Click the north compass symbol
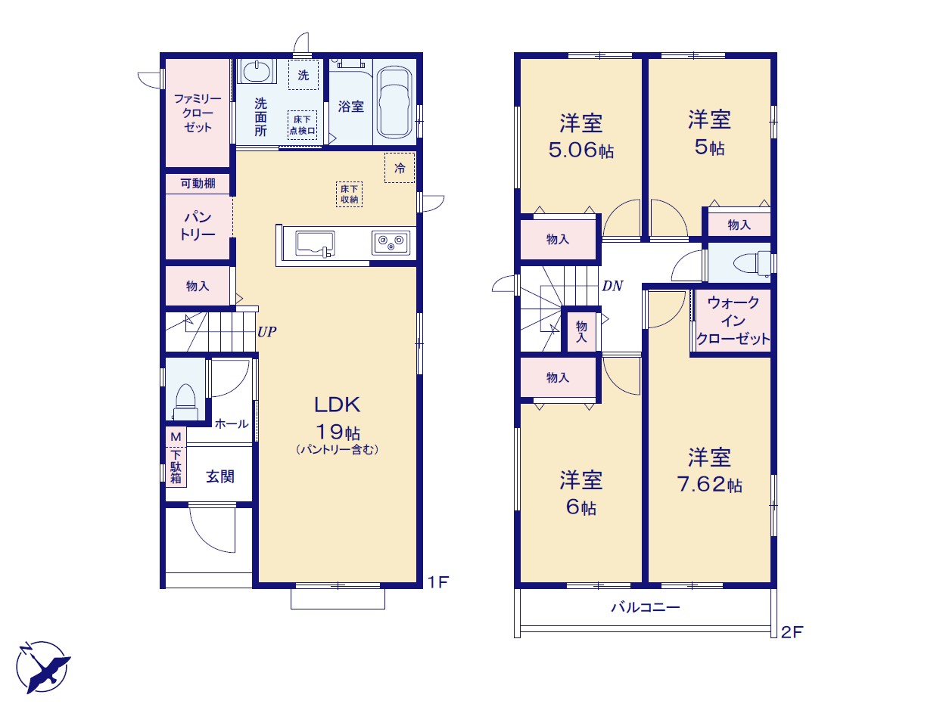pos(43,668)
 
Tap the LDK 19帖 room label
pos(338,417)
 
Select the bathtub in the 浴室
pos(394,103)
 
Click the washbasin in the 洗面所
pos(257,71)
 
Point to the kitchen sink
pos(315,244)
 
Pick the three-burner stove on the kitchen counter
pos(391,243)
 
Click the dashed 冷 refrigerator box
pos(400,168)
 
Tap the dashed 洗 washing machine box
pos(303,75)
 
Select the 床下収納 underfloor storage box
pos(349,194)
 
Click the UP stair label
pos(267,332)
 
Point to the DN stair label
pos(612,286)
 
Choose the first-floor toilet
pos(185,402)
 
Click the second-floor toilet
pos(752,262)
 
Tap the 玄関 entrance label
pos(220,476)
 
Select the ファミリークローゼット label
pos(198,113)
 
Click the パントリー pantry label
pos(198,226)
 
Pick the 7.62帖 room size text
pos(710,484)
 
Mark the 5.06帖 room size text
pos(581,150)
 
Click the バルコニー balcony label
pos(645,607)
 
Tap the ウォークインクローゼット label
pos(733,321)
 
